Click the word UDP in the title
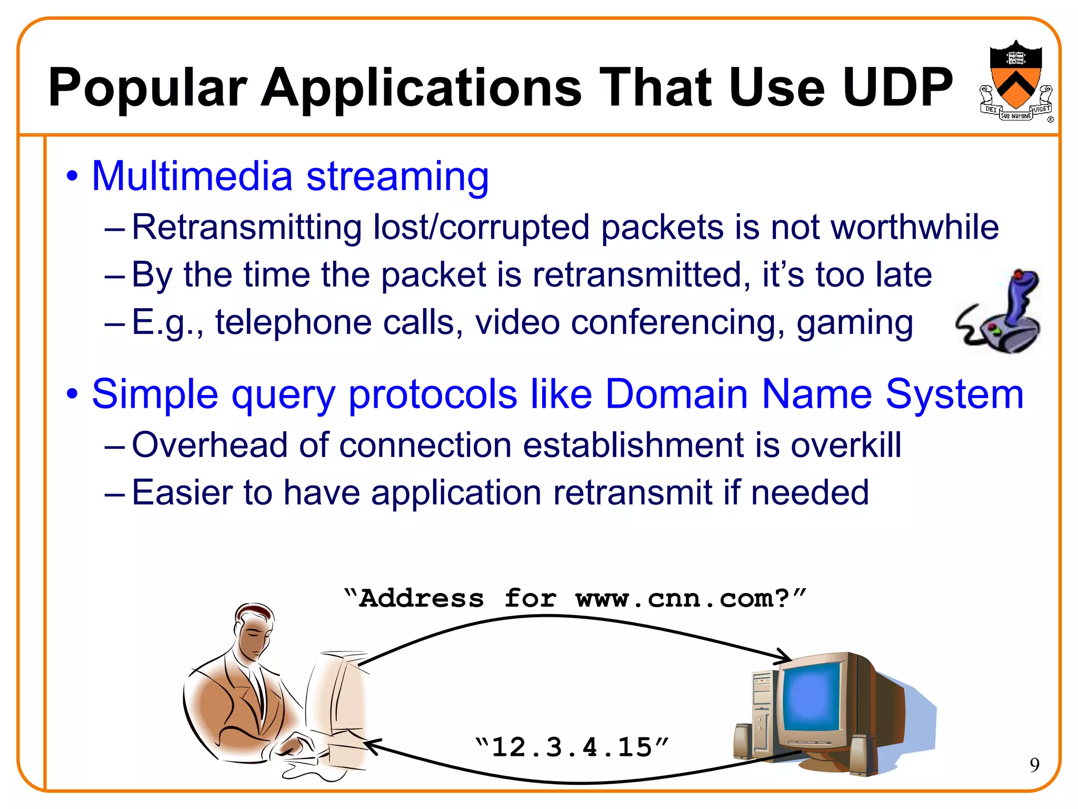coord(897,87)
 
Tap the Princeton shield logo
coord(1015,79)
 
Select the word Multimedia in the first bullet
coord(192,176)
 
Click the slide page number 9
coord(1034,765)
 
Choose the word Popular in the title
coord(148,87)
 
